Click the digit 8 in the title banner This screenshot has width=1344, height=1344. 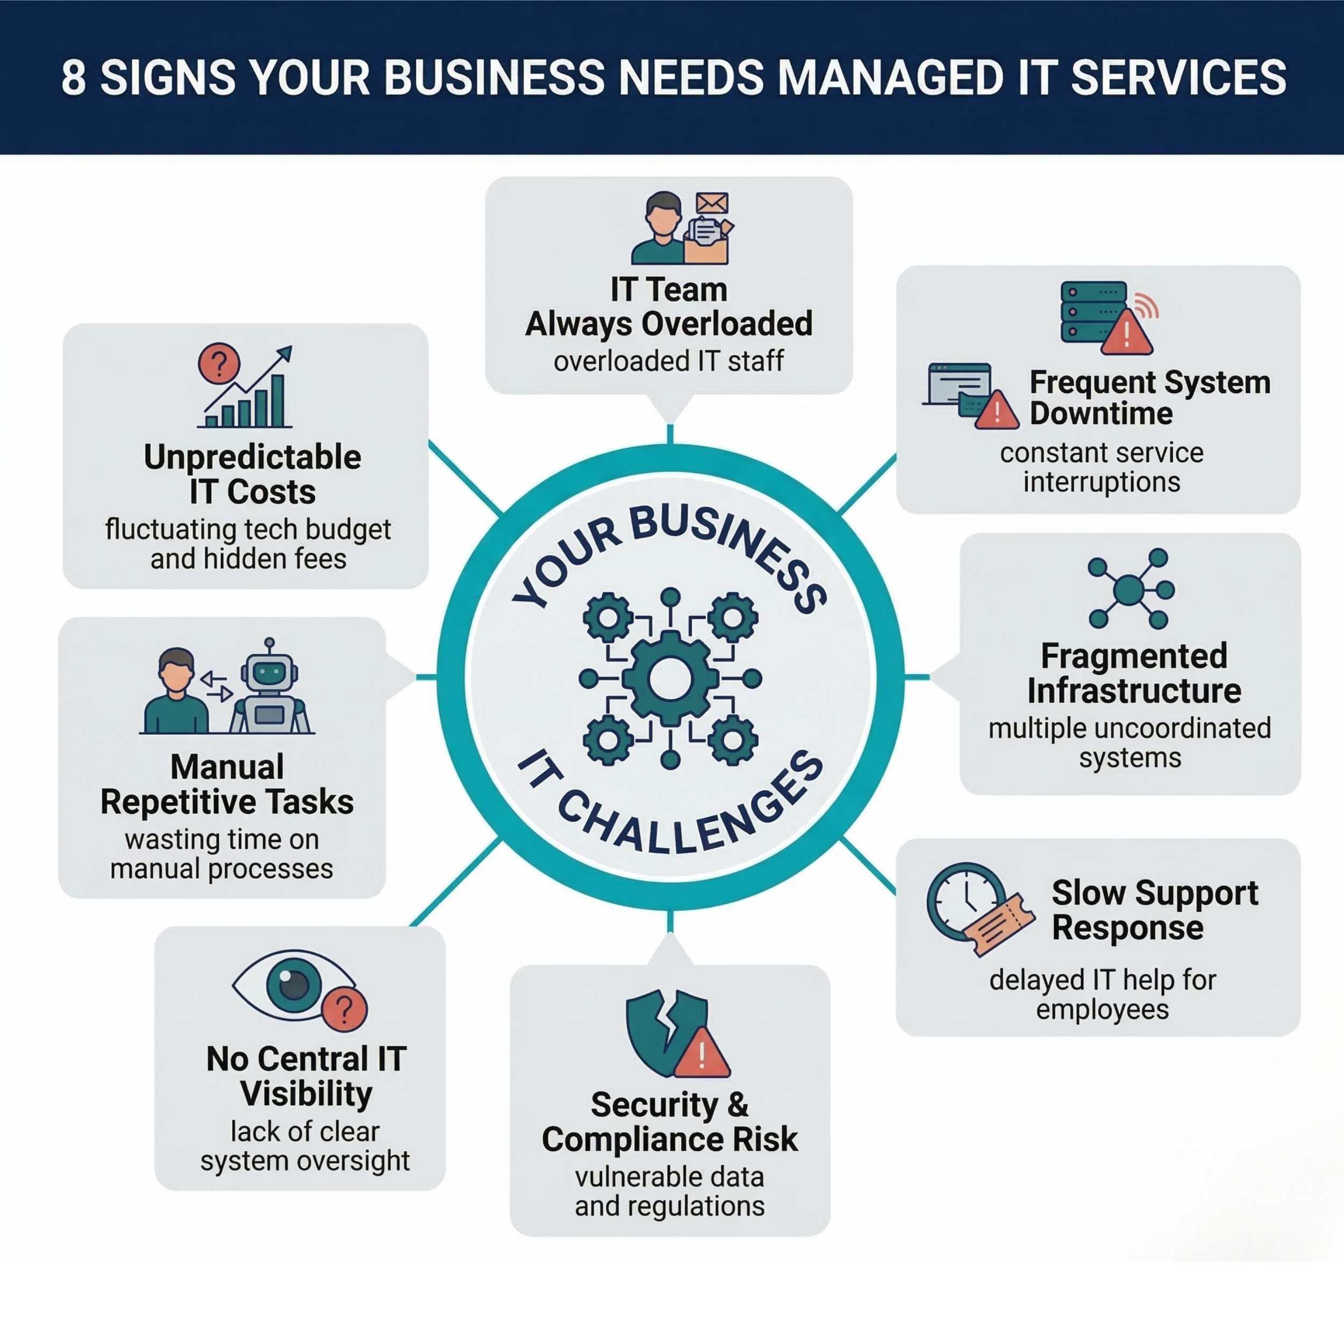[x=74, y=78]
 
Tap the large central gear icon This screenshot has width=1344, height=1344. [x=669, y=678]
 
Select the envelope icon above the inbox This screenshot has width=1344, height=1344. [x=712, y=204]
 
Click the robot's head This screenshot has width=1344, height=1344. [x=269, y=673]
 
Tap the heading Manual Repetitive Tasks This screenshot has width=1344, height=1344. [x=227, y=785]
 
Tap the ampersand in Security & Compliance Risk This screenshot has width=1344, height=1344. [x=738, y=1104]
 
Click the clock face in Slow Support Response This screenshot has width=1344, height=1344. [x=966, y=900]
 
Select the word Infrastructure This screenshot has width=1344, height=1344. [x=1134, y=691]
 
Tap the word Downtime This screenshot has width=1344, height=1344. [x=1101, y=414]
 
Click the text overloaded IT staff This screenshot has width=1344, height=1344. [x=669, y=361]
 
